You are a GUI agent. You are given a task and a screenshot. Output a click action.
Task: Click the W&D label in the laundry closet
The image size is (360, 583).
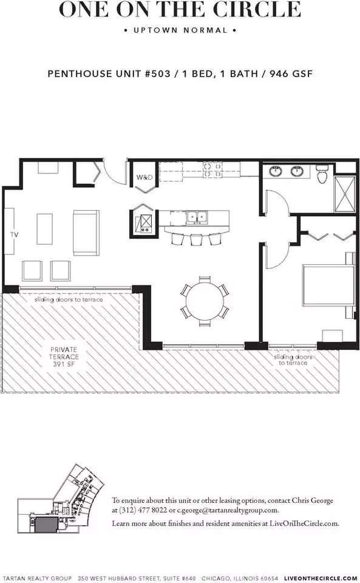click(x=144, y=177)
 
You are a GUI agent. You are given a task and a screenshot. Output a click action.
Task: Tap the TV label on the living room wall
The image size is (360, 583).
click(x=15, y=234)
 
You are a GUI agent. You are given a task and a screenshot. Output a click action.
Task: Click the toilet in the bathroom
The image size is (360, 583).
click(x=321, y=174)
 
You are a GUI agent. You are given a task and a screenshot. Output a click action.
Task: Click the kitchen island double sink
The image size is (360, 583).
click(x=197, y=217)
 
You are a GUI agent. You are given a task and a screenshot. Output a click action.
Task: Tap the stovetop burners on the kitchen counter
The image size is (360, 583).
click(x=212, y=169)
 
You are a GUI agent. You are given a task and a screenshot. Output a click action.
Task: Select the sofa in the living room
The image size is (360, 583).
click(x=86, y=233)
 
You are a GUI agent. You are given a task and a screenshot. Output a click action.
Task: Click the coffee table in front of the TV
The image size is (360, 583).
click(x=44, y=229)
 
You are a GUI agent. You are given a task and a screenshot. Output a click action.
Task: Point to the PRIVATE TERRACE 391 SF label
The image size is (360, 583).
click(x=64, y=356)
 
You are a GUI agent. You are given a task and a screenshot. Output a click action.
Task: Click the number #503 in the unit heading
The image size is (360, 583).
click(x=157, y=73)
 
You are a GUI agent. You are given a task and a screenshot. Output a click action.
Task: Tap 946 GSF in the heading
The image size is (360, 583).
click(x=291, y=73)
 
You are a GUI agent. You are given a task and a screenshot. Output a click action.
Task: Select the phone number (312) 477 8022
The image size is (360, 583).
click(x=143, y=510)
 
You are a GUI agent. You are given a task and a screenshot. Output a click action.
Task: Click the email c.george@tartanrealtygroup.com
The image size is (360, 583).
click(x=227, y=510)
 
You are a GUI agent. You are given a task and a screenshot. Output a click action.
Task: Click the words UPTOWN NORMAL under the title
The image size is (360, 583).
click(x=180, y=30)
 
